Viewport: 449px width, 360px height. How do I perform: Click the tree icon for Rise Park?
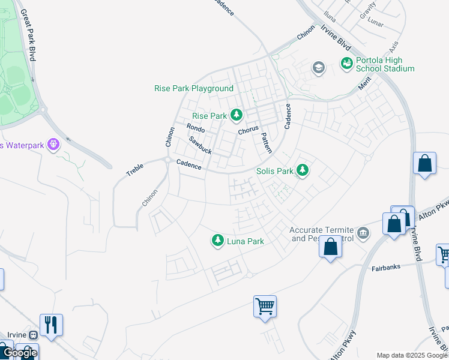pyautogui.click(x=237, y=115)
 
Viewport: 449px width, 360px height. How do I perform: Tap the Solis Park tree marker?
pyautogui.click(x=303, y=170)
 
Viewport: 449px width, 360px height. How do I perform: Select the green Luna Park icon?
pyautogui.click(x=217, y=241)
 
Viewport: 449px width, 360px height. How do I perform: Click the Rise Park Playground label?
pyautogui.click(x=193, y=88)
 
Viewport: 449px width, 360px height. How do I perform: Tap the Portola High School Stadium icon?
pyautogui.click(x=346, y=63)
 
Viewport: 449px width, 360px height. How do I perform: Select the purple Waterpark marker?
pyautogui.click(x=53, y=145)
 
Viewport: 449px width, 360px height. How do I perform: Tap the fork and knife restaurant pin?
pyautogui.click(x=50, y=325)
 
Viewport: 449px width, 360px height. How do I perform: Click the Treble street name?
pyautogui.click(x=134, y=170)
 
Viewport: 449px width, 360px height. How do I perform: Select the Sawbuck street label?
pyautogui.click(x=200, y=145)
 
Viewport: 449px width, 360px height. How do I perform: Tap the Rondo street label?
pyautogui.click(x=196, y=128)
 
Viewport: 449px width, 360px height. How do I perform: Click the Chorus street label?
pyautogui.click(x=248, y=129)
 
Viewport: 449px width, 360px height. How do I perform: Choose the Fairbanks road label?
pyautogui.click(x=386, y=268)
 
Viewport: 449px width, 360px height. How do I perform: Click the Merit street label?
pyautogui.click(x=365, y=86)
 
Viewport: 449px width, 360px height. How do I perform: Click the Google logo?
pyautogui.click(x=19, y=353)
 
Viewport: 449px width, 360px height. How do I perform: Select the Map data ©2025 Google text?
pyautogui.click(x=412, y=355)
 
